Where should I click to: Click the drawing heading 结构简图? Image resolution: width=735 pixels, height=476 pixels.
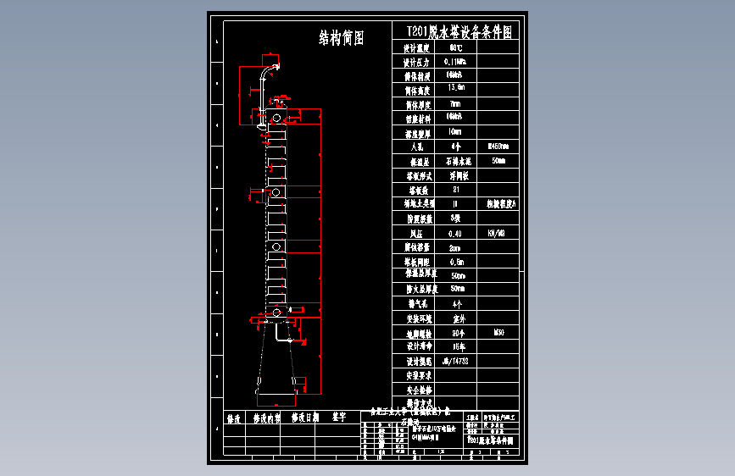[341, 37]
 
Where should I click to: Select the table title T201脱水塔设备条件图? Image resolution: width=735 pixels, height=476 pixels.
[459, 32]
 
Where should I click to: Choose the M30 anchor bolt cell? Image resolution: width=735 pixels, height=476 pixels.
[498, 333]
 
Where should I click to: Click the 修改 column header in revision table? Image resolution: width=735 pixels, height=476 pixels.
[234, 418]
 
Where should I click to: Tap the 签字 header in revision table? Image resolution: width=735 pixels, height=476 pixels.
[338, 418]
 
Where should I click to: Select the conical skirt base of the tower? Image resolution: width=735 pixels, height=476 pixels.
[276, 360]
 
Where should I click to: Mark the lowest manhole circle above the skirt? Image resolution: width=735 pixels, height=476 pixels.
[276, 313]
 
